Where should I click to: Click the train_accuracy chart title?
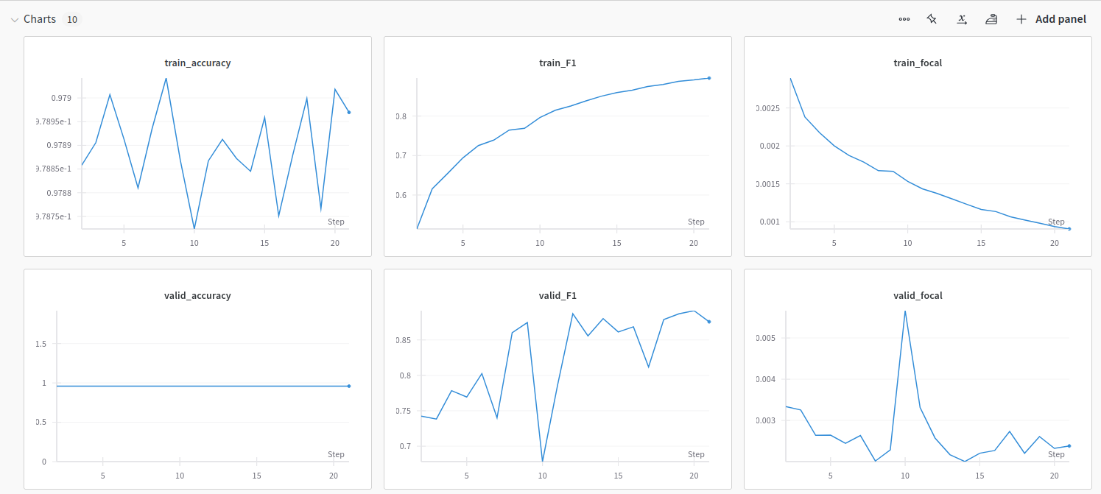pos(197,63)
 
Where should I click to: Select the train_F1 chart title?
pos(557,63)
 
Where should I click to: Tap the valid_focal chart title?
pos(918,296)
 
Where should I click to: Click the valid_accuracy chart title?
pos(197,296)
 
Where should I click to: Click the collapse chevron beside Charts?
pos(14,20)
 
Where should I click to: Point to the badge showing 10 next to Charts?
pos(72,20)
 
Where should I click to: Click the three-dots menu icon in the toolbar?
pos(904,20)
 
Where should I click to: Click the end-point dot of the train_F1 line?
pos(709,78)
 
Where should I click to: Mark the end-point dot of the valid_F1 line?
pos(709,322)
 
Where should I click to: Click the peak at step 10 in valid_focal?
pos(905,311)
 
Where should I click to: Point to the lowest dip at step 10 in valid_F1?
pos(543,461)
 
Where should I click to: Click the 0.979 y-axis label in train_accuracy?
pos(61,98)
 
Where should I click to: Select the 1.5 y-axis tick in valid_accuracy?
pos(40,344)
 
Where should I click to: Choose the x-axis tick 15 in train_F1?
pos(616,243)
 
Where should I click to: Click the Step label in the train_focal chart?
pos(1056,222)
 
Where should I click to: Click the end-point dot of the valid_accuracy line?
pos(349,386)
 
